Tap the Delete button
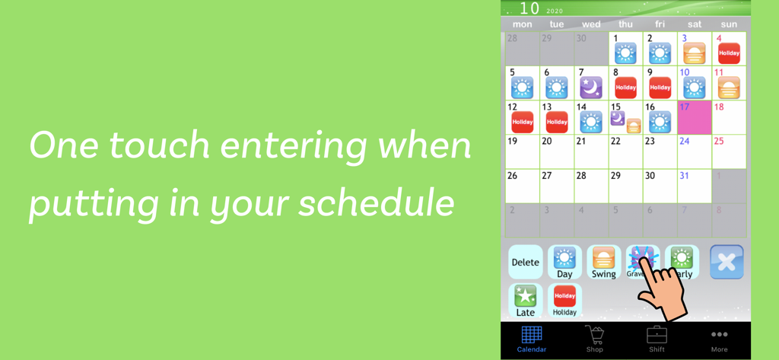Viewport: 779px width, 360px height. point(525,262)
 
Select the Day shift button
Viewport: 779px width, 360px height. point(564,262)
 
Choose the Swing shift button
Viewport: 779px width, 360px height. point(603,262)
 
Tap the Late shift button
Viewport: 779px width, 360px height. point(525,300)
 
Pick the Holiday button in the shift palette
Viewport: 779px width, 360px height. point(564,300)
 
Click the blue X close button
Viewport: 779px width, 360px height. point(727,262)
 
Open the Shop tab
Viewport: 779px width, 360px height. point(594,339)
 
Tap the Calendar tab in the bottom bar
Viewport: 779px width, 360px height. point(532,339)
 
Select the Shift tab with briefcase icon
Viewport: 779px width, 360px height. point(657,339)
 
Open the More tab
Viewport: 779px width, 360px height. point(719,339)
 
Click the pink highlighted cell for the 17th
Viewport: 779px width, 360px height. point(694,118)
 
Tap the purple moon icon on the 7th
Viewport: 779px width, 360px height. point(591,88)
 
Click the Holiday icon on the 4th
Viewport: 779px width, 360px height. point(729,53)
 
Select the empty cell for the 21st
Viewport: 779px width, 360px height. point(591,152)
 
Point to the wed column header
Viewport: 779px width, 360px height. point(591,24)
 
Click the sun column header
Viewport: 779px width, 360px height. point(729,24)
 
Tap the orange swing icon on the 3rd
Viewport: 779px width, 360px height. point(694,53)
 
